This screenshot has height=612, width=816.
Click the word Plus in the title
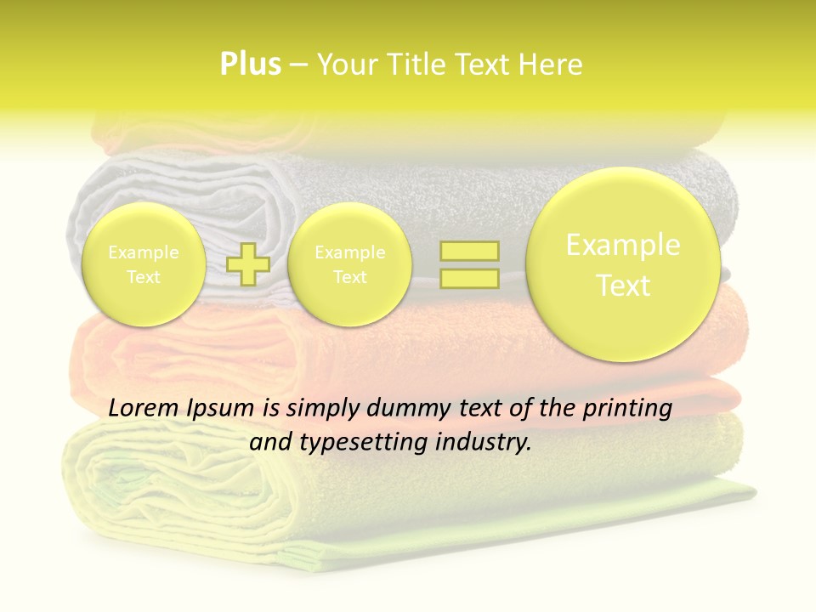250,65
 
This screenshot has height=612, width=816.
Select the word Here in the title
552,65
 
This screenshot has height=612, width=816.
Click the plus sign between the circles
248,264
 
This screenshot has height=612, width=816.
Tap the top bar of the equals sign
468,252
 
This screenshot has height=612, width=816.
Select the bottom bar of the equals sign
468,278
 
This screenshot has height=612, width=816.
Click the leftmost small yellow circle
144,264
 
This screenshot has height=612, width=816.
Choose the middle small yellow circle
349,264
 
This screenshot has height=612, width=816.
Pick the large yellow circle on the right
623,264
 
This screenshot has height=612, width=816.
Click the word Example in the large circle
623,245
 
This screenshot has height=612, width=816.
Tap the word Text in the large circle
623,286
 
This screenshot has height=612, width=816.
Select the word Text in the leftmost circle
144,277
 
